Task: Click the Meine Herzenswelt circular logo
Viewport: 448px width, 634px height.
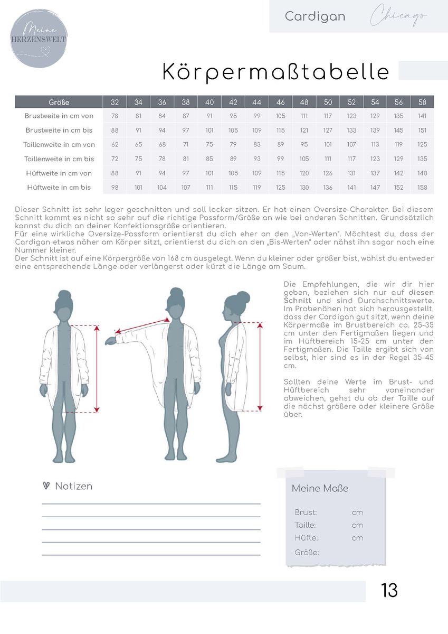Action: (39, 38)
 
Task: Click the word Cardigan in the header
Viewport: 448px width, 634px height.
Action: (315, 16)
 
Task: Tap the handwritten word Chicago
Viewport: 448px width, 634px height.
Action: (399, 16)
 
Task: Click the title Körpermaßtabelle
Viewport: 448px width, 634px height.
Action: (275, 72)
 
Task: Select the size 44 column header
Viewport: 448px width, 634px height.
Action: (257, 102)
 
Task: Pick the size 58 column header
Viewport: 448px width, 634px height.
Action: (422, 102)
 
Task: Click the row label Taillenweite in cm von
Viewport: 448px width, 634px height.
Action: (59, 144)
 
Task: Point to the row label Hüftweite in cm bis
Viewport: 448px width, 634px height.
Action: (59, 187)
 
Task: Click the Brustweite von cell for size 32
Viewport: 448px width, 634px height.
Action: (115, 116)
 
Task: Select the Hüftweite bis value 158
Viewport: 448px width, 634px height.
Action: (422, 187)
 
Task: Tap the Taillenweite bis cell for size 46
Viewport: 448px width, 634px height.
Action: (280, 158)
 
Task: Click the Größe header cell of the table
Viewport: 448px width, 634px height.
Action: (59, 102)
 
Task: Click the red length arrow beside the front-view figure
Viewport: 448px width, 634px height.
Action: (97, 368)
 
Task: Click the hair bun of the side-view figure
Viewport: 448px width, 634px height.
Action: (243, 296)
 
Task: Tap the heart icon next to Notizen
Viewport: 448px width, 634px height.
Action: (46, 486)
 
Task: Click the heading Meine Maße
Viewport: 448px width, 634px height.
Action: (320, 489)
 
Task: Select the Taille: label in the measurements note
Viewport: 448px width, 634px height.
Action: (305, 525)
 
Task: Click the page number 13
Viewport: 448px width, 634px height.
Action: (389, 590)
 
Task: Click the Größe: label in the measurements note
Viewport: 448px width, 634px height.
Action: (306, 553)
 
